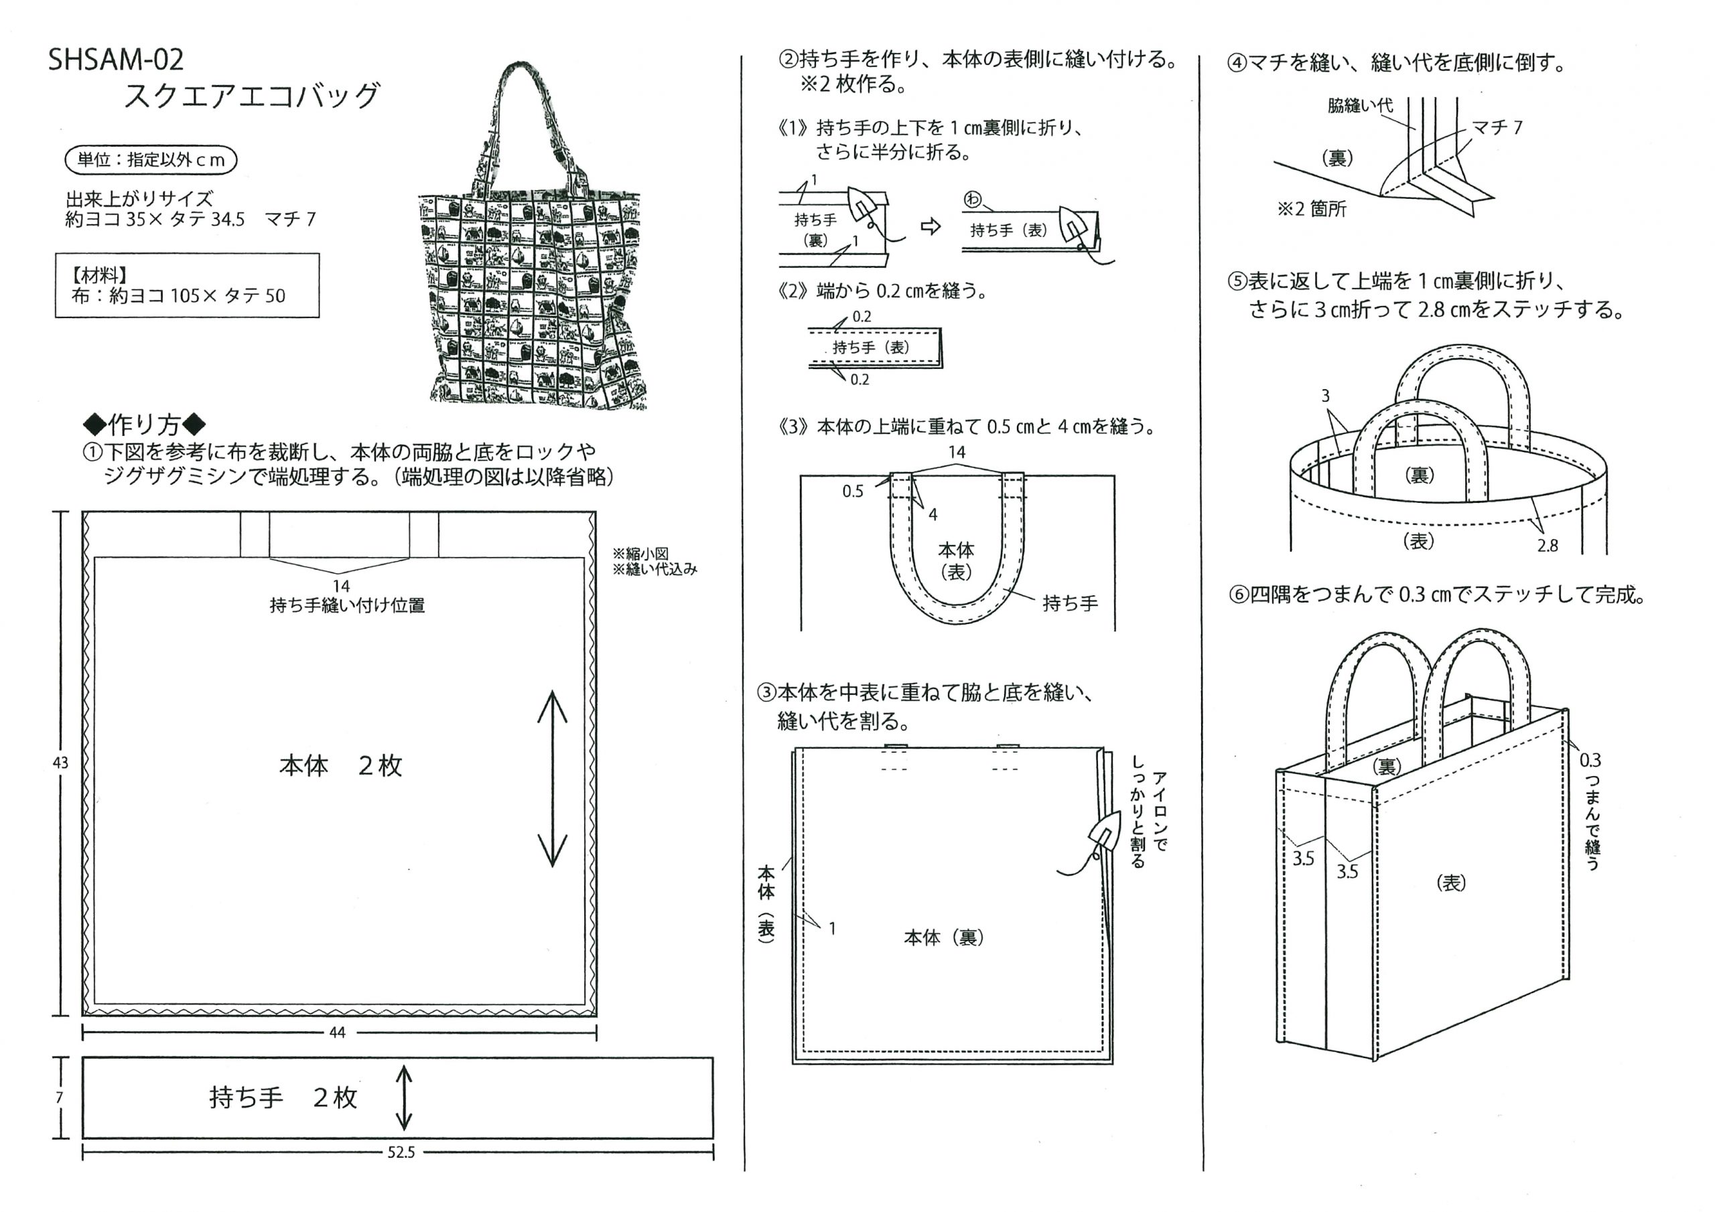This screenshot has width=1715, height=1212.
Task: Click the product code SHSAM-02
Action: pyautogui.click(x=116, y=60)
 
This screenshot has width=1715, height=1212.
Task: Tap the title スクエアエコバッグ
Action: pyautogui.click(x=252, y=96)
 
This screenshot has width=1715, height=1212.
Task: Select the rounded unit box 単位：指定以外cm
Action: pyautogui.click(x=151, y=160)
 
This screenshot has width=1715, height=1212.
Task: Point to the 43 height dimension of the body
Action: pyautogui.click(x=60, y=763)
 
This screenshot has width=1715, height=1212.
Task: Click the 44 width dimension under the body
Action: pyautogui.click(x=337, y=1032)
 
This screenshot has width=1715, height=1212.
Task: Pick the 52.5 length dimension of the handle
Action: pyautogui.click(x=401, y=1152)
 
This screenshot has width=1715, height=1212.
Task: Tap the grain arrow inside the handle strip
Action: pyautogui.click(x=403, y=1097)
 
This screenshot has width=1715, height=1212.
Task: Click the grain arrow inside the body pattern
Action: pyautogui.click(x=553, y=777)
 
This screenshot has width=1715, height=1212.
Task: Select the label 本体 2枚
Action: pyautogui.click(x=340, y=765)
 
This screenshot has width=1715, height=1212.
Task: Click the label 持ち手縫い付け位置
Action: pyautogui.click(x=347, y=605)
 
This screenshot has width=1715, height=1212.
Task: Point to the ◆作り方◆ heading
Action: pyautogui.click(x=145, y=424)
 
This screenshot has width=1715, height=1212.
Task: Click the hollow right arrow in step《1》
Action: pyautogui.click(x=931, y=226)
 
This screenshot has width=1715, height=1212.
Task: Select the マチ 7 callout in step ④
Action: pyautogui.click(x=1497, y=128)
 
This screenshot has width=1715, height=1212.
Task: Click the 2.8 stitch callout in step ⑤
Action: pyautogui.click(x=1547, y=546)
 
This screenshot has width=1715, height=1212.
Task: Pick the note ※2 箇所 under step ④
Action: pyautogui.click(x=1312, y=209)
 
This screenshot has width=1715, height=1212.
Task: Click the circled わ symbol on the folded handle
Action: pyautogui.click(x=973, y=200)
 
